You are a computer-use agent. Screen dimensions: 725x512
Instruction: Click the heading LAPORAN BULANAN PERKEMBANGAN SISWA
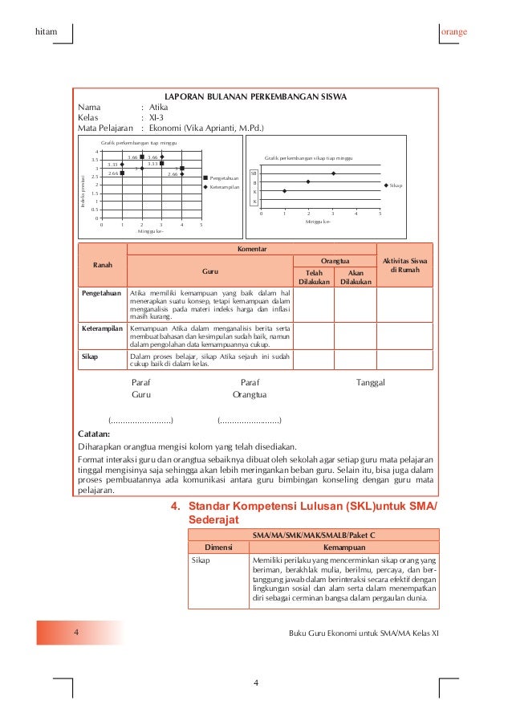[255, 97]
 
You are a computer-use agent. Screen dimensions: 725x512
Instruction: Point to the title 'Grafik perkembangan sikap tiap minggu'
[313, 159]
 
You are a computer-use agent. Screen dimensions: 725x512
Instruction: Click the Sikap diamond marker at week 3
[332, 173]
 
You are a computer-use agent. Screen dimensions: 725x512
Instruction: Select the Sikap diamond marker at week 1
[284, 191]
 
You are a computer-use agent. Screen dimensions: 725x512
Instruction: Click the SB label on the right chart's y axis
[254, 173]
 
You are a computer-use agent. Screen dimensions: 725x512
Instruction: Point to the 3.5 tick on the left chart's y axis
[95, 160]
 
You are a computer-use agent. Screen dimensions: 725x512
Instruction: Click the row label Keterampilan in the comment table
[102, 329]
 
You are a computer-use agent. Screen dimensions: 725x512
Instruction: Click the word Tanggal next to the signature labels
[371, 382]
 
